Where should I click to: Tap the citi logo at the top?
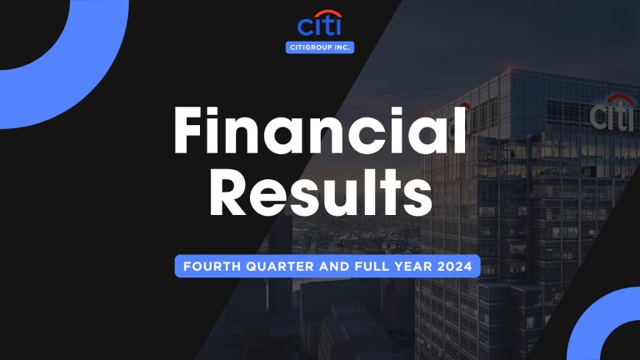[320, 26]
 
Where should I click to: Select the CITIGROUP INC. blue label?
[320, 47]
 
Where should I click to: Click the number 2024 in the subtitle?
[453, 267]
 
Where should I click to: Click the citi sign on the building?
[612, 114]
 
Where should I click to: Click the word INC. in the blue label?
[342, 47]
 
